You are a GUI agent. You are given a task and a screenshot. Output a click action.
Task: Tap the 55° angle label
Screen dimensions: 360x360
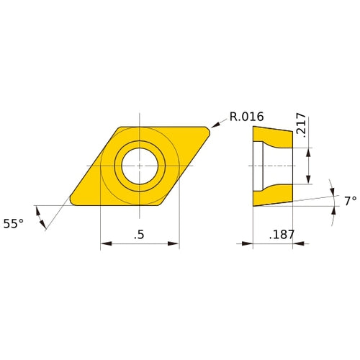coord(14,224)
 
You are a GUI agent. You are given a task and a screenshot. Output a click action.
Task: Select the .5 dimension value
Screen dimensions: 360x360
coord(140,235)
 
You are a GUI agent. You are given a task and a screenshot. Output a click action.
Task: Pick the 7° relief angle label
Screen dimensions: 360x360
coord(349,201)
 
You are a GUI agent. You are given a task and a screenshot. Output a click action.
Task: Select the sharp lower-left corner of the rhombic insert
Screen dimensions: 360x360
coord(71,201)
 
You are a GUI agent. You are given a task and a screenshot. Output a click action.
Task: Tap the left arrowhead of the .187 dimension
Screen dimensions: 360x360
coord(256,244)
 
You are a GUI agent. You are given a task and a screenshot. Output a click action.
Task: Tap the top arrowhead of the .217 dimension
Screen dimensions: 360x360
coord(310,150)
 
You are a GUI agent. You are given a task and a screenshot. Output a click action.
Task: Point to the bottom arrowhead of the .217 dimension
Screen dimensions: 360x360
coord(310,179)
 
